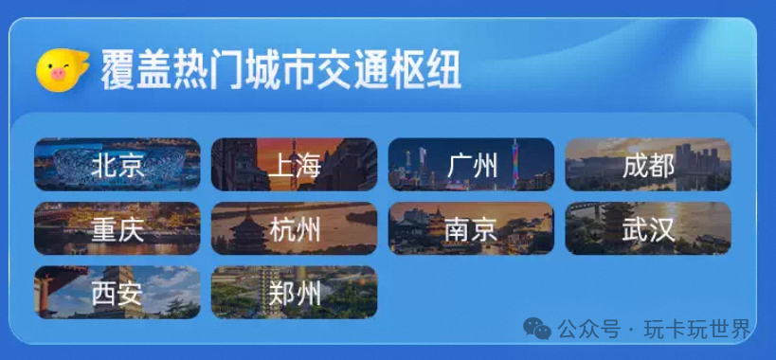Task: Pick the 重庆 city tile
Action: pyautogui.click(x=117, y=228)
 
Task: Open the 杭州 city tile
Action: pyautogui.click(x=294, y=228)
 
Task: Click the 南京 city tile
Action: pyautogui.click(x=471, y=228)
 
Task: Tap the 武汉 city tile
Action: pyautogui.click(x=648, y=228)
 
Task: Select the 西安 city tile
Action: pyautogui.click(x=117, y=292)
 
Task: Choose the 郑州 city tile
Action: pyautogui.click(x=294, y=292)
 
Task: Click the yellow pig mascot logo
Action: pyautogui.click(x=62, y=69)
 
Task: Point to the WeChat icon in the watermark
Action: pyautogui.click(x=538, y=329)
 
